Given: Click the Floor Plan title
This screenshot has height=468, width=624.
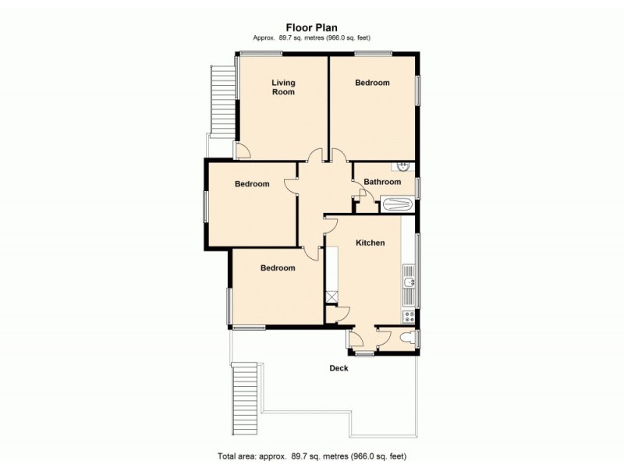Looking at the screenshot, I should (311, 27).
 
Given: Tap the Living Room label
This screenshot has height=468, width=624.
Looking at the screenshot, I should (283, 87).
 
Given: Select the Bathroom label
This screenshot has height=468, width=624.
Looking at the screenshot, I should (382, 182).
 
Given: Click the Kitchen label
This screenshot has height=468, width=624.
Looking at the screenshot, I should (370, 243).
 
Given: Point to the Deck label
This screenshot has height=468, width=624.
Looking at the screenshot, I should (339, 368).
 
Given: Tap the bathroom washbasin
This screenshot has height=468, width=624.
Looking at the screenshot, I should (403, 165).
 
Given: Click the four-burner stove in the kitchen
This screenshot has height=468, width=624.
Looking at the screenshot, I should (409, 316).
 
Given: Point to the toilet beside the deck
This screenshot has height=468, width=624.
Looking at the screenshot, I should (406, 337).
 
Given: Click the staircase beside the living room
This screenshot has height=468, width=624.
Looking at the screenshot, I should (222, 97).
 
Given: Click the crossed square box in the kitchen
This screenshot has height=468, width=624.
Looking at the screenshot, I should (331, 296).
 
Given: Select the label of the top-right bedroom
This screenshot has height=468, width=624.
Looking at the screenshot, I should (372, 83).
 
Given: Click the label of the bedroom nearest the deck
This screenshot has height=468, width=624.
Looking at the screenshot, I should (278, 268).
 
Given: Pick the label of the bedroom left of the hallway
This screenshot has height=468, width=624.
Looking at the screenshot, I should (252, 184).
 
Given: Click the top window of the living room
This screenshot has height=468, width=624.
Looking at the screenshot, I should (261, 53).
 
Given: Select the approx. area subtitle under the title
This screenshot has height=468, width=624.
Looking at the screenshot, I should (311, 38).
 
